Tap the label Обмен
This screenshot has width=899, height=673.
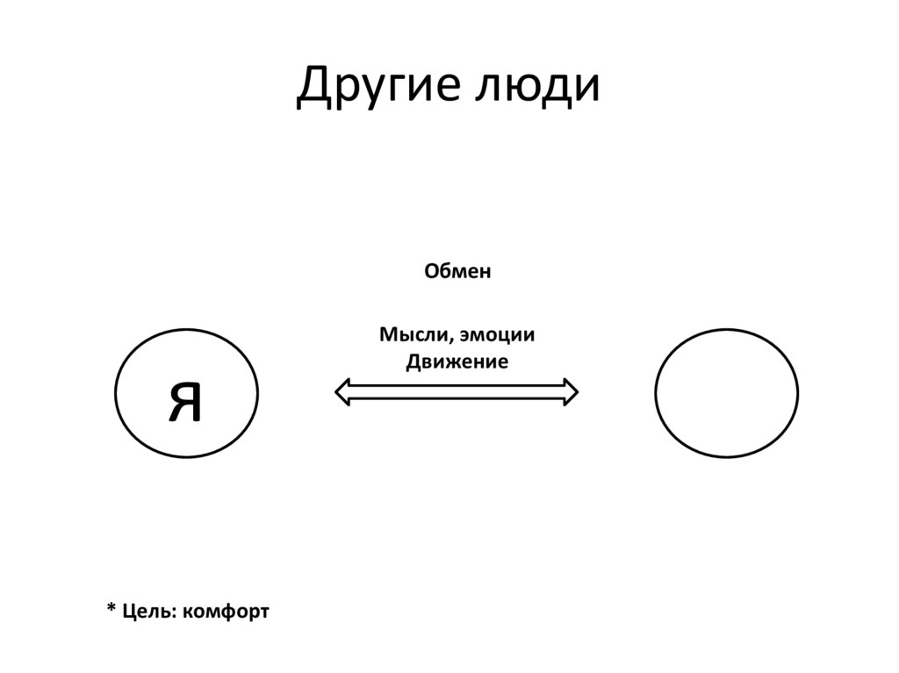point(457,272)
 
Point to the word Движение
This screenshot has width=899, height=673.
point(457,362)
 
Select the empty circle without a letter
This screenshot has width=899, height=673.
point(727,392)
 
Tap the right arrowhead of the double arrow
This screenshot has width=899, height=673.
point(570,391)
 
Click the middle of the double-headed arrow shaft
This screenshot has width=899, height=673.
point(457,391)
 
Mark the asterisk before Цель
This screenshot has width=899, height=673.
point(111,609)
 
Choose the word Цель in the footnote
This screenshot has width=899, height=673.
point(149,610)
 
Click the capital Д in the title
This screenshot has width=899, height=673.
point(313,89)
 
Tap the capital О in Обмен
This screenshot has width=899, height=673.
point(433,272)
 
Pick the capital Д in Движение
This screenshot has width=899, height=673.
point(414,362)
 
